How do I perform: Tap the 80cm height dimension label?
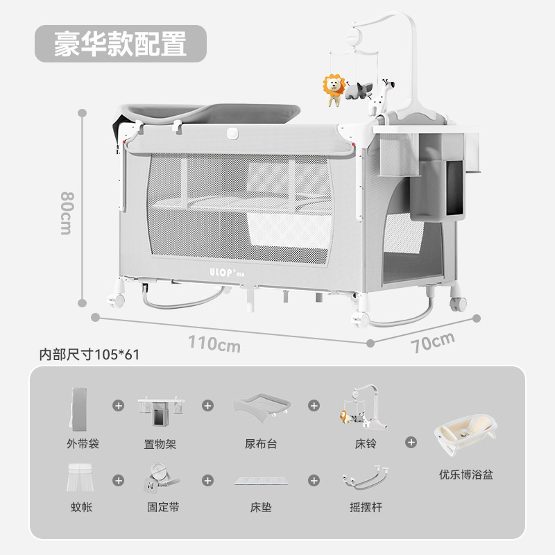66,213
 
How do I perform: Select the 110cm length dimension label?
215,343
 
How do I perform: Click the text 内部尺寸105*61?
89,355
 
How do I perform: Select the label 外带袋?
84,443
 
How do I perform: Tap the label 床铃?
366,443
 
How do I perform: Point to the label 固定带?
164,507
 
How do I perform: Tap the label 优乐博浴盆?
466,475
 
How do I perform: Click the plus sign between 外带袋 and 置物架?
119,405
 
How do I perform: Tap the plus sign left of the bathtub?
412,441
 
